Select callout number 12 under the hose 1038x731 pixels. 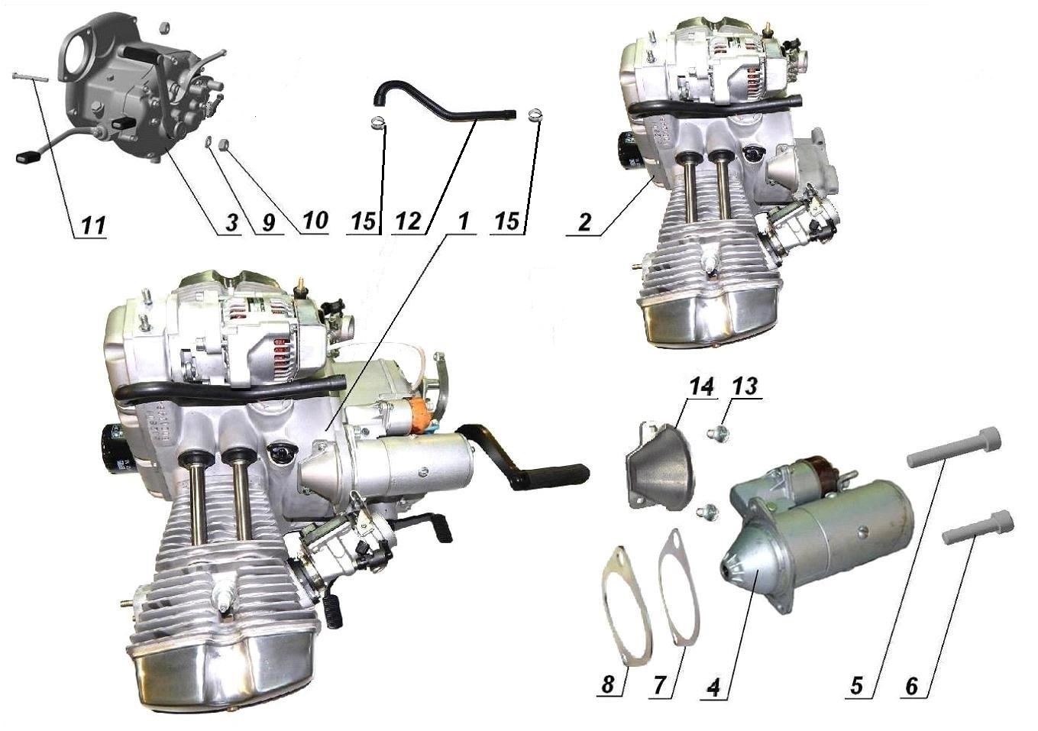tap(408, 222)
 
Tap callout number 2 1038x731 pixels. tap(584, 223)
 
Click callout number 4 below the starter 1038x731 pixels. tap(713, 686)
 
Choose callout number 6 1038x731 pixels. tap(910, 686)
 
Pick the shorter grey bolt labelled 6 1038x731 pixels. tap(977, 527)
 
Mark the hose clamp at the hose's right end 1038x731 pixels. tap(535, 115)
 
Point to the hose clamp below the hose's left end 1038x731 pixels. tap(377, 121)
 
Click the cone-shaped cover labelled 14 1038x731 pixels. tap(658, 466)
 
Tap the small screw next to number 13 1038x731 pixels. tap(717, 435)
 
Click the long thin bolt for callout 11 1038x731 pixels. tap(31, 77)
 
